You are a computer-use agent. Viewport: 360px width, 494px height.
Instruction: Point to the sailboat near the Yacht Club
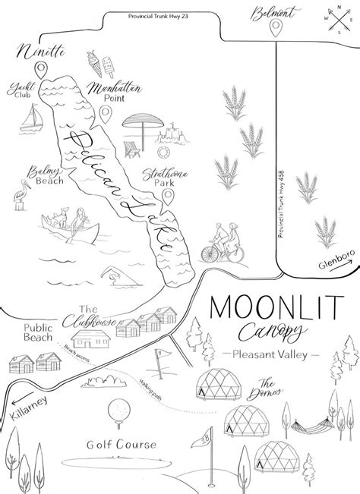coord(33,115)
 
